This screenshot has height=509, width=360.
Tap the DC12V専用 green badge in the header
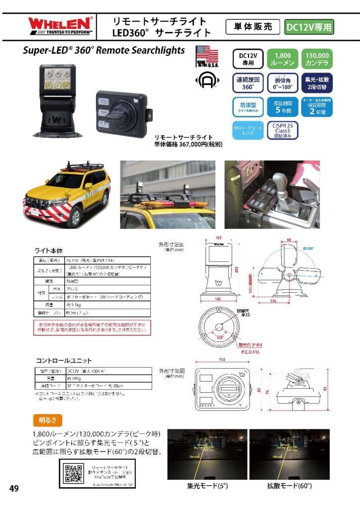click(309, 27)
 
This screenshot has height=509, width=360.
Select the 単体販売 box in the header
click(253, 27)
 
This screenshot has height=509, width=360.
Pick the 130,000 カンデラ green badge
click(317, 59)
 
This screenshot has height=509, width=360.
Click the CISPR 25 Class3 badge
click(282, 132)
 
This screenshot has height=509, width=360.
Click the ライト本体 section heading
click(48, 251)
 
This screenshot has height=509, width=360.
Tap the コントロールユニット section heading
click(63, 360)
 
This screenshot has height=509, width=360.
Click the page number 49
click(14, 489)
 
